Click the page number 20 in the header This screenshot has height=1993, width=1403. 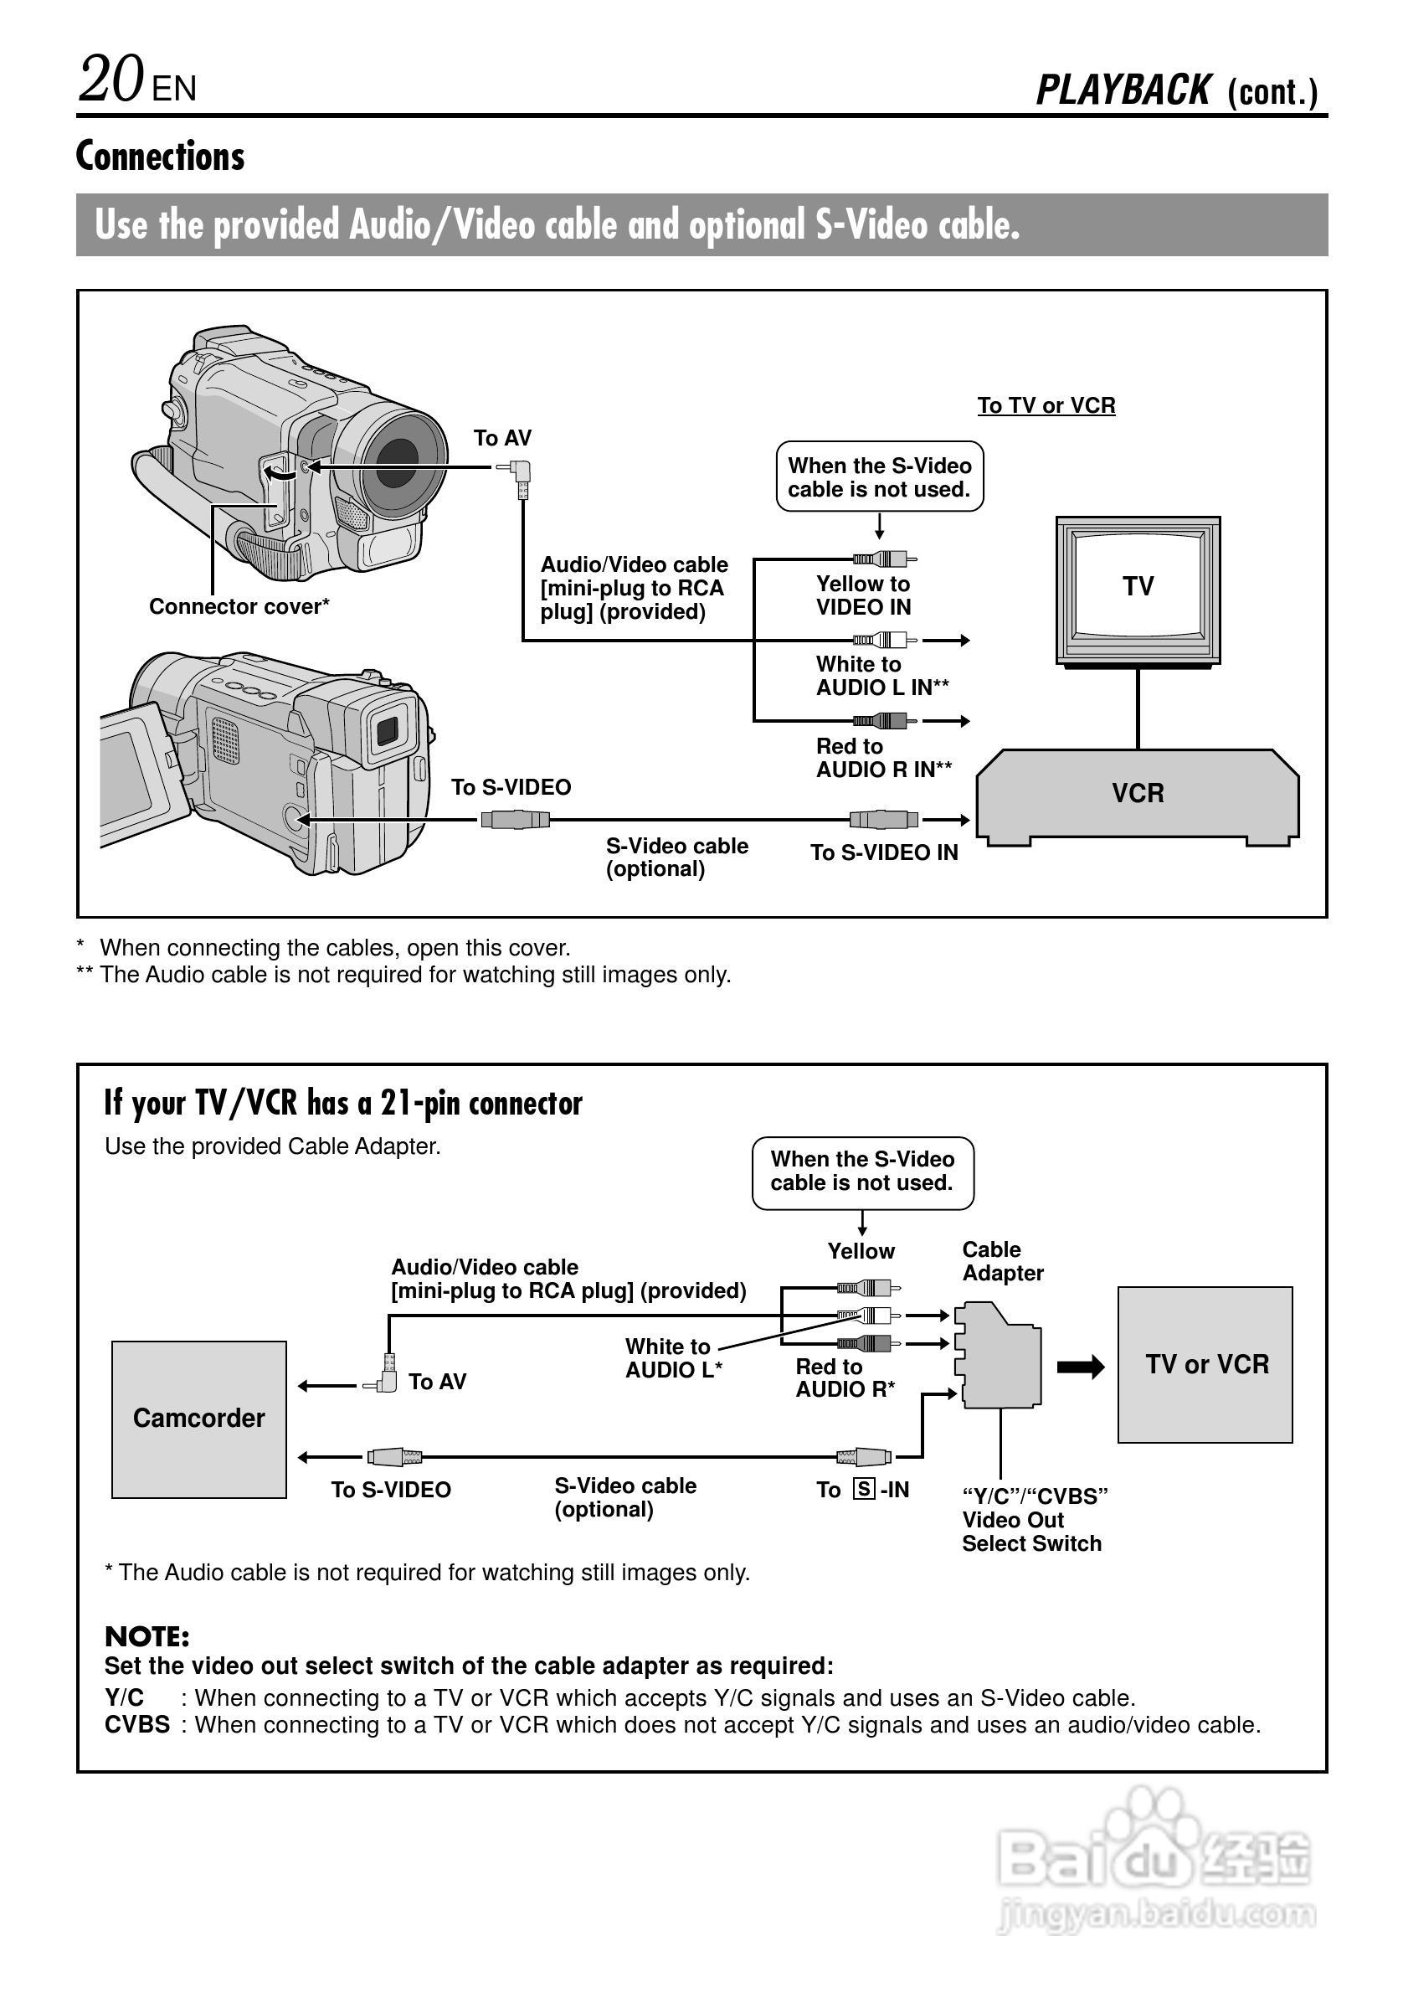(x=111, y=80)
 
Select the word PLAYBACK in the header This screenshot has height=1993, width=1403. (x=1123, y=90)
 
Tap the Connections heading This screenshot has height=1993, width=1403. (x=161, y=157)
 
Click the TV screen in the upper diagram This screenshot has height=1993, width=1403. (x=1138, y=586)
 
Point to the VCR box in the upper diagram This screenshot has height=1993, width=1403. (x=1138, y=793)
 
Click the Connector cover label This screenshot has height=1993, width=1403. (x=239, y=607)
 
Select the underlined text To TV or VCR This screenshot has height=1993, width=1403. (x=1046, y=405)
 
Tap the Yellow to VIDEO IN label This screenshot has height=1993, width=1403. (x=863, y=595)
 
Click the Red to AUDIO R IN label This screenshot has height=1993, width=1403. (x=883, y=758)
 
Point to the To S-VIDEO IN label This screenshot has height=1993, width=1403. (x=884, y=852)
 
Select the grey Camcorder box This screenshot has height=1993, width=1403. (x=198, y=1419)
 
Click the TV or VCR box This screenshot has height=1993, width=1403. (x=1205, y=1365)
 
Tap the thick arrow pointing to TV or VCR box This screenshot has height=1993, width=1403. (x=1080, y=1367)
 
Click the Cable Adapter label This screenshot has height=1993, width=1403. (x=1002, y=1261)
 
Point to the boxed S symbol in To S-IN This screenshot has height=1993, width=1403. (x=863, y=1490)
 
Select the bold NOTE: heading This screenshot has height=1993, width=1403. (x=146, y=1637)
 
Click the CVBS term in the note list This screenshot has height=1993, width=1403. (x=137, y=1724)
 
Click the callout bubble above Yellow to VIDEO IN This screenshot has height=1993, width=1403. (x=879, y=477)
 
